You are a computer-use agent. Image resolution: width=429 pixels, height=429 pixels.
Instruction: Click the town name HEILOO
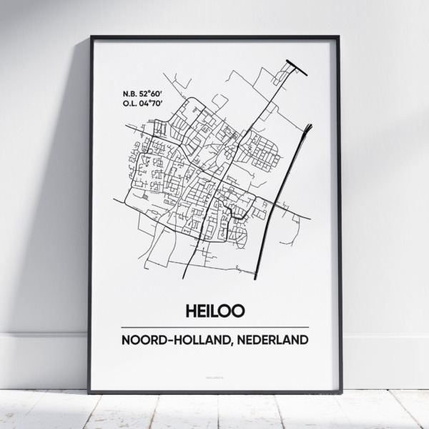(214, 311)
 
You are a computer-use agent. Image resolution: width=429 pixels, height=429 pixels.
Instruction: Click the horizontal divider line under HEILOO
(214, 327)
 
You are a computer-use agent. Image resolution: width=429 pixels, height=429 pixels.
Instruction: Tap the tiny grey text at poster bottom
(214, 372)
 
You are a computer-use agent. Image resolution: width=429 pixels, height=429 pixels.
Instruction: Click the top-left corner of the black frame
(91, 36)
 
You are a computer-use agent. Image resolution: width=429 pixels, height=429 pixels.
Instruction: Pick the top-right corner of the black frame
(339, 36)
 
